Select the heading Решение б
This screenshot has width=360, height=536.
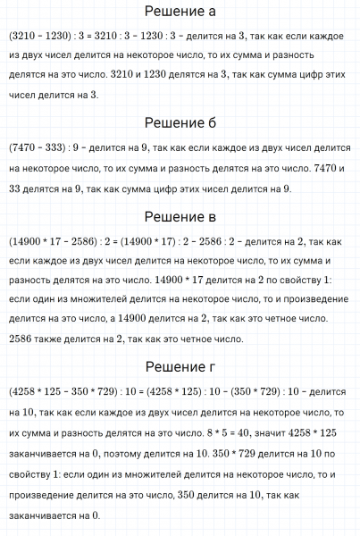point(180,123)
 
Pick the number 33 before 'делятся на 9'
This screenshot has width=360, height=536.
point(16,188)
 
